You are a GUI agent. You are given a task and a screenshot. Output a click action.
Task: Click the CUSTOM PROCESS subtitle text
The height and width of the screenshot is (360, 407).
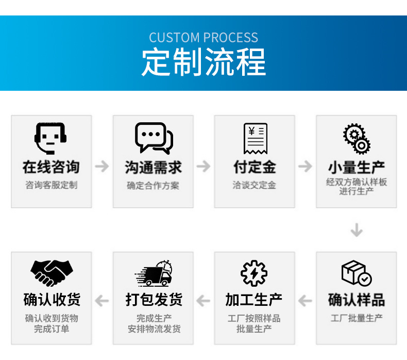[x=203, y=38]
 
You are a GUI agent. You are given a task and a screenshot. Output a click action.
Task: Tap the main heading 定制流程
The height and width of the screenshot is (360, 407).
[x=203, y=62]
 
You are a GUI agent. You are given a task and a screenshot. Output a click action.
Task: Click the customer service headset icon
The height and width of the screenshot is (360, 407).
[x=51, y=138]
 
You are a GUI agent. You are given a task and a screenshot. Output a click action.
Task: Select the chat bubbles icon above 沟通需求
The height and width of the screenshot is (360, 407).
[x=154, y=138]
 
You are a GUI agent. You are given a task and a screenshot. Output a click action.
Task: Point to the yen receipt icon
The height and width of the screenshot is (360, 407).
[x=255, y=138]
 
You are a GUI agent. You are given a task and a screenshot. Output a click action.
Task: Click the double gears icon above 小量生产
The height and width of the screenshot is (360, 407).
[x=357, y=138]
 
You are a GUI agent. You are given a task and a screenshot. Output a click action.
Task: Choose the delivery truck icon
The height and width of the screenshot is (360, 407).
[x=154, y=274]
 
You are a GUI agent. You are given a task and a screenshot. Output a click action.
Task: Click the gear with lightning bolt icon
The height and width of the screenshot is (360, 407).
[x=255, y=274]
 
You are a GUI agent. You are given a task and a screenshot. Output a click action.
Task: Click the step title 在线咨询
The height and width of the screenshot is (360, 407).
[x=51, y=167]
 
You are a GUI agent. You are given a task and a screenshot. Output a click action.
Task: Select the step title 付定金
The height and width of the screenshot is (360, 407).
[x=255, y=167]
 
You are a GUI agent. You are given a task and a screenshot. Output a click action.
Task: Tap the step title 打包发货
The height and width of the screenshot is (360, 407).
[x=154, y=300]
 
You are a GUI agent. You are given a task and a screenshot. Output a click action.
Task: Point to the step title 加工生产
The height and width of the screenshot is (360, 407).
[x=255, y=300]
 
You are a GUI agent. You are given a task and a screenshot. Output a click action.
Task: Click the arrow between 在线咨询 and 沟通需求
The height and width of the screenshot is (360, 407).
[x=102, y=166]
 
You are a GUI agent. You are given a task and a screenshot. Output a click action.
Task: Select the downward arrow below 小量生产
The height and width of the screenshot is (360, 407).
[x=356, y=230]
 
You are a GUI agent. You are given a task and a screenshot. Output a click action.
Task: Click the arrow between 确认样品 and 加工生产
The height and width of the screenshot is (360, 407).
[x=306, y=301]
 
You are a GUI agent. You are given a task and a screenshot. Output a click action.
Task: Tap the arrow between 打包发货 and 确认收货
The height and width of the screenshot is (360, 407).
[x=102, y=301]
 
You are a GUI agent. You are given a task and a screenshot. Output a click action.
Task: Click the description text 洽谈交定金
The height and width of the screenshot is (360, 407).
[x=255, y=185]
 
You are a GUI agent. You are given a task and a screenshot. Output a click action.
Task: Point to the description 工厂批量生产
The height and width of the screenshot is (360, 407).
[x=357, y=318]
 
